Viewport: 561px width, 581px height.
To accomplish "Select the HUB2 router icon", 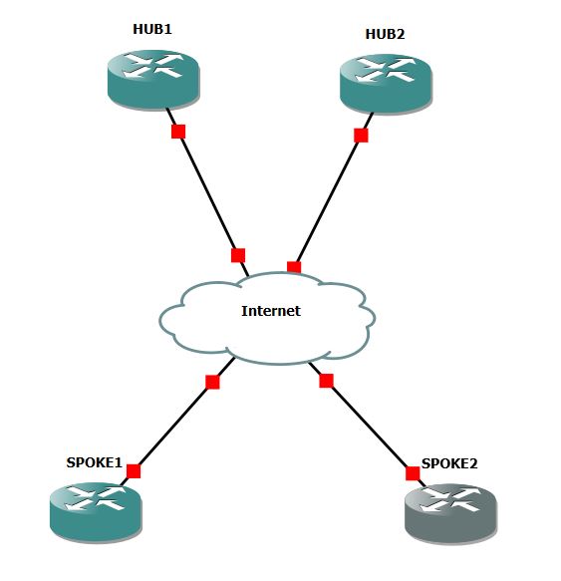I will click(x=386, y=84).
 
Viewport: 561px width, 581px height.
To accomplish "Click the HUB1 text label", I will click(x=152, y=29).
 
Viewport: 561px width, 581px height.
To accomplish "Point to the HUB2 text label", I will click(x=385, y=35).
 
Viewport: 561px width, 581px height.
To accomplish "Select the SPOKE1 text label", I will click(x=94, y=462).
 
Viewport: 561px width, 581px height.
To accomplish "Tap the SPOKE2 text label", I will click(x=449, y=463).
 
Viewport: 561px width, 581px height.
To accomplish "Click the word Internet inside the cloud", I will click(x=270, y=311).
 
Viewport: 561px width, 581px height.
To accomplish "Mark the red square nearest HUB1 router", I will click(x=178, y=132).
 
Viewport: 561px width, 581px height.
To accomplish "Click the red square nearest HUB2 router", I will click(x=361, y=136).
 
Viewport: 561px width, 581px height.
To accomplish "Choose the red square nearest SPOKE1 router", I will click(x=134, y=471).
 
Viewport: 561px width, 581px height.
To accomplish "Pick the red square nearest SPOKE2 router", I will click(x=412, y=472).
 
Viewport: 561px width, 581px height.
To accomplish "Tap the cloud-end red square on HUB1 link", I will click(x=238, y=255).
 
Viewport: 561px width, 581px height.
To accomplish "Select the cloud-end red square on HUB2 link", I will click(x=294, y=267).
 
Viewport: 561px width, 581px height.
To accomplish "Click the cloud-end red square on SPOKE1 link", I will click(x=211, y=382).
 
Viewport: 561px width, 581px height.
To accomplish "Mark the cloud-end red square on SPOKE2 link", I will click(x=326, y=380).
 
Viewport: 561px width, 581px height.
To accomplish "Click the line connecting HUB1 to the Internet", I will click(x=208, y=193).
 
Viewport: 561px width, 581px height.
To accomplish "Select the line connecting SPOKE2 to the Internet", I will click(x=369, y=427).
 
